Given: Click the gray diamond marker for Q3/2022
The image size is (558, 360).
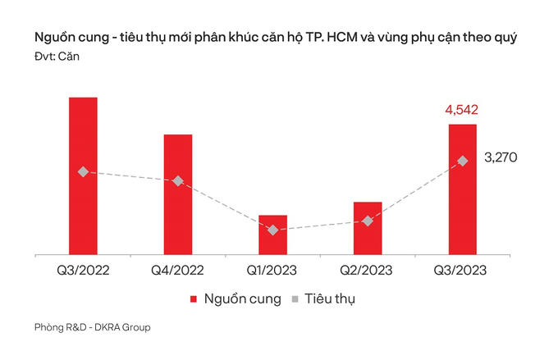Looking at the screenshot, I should point(83,171).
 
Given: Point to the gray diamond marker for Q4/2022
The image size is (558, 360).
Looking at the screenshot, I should point(178,180).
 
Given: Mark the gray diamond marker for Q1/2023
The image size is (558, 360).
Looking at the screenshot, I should point(272,230).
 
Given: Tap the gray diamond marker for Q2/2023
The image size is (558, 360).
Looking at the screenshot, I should point(368,221).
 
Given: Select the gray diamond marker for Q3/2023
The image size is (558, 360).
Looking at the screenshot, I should point(462,161).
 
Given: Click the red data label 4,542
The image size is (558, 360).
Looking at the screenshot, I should point(462,110).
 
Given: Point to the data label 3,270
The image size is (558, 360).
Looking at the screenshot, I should point(501,157).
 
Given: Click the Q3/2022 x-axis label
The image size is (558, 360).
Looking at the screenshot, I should point(83,270).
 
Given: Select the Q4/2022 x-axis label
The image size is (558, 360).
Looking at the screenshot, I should point(178,270).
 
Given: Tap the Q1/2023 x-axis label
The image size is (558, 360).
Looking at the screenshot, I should point(272,270).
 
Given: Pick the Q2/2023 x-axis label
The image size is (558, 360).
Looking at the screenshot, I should point(368,270).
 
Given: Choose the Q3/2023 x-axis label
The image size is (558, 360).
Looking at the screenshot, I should point(462,270).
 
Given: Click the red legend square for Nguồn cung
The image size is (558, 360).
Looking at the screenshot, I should point(194,299).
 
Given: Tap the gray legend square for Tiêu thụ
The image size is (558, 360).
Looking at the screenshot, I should point(297,299).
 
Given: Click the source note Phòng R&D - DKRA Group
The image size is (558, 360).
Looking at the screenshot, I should point(93,328).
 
